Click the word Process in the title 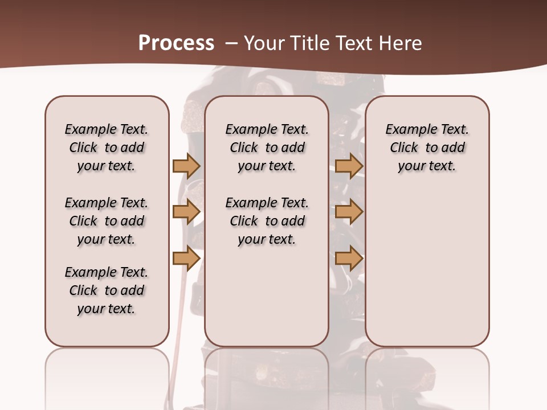176,43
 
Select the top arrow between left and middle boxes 186,166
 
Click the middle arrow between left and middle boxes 186,212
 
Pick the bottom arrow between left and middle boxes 186,259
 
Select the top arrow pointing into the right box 349,166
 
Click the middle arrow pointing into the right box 349,212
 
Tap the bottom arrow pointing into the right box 349,259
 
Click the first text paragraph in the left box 107,147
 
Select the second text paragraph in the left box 107,221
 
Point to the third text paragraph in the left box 107,290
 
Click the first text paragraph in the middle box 267,147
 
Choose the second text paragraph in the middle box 267,221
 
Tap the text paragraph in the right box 427,147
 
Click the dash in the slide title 231,43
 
